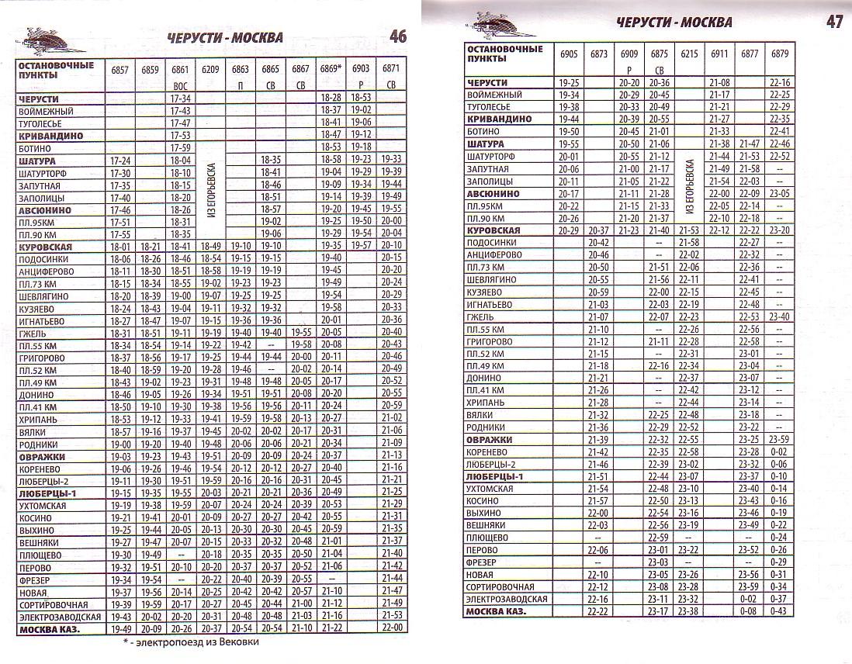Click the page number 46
click(397, 36)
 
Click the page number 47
click(834, 22)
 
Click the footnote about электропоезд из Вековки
click(190, 642)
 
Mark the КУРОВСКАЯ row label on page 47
click(494, 230)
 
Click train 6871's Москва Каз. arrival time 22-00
click(392, 628)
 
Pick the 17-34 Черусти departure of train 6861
click(180, 99)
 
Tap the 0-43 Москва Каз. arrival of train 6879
click(780, 611)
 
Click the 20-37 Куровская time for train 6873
click(599, 230)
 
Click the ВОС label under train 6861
click(180, 85)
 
